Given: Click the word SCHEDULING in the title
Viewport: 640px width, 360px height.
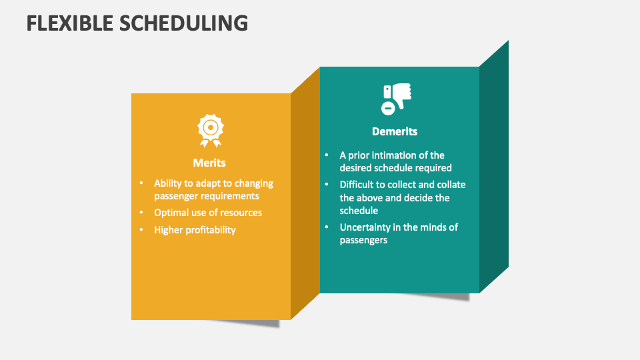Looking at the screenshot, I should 185,23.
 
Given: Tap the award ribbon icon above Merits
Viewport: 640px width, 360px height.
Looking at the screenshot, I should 210,130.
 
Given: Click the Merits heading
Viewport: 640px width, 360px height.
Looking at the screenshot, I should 209,163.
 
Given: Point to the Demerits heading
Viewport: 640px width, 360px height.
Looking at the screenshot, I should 395,131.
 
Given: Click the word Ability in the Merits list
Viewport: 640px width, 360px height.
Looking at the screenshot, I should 169,183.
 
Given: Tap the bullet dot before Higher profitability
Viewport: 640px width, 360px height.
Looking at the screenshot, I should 141,230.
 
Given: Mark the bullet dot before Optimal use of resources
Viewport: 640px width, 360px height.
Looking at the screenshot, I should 141,213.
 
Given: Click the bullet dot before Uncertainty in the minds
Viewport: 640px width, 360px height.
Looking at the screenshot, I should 327,227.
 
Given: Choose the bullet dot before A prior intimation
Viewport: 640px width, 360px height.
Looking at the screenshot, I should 327,155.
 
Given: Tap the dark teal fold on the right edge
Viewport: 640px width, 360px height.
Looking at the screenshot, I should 494,167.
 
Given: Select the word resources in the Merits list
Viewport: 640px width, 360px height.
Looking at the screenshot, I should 240,213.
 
